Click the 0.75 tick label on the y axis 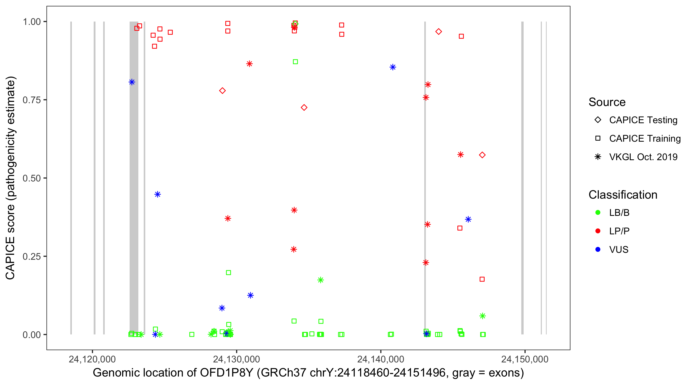[x=31, y=100]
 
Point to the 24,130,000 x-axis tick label [x=236, y=359]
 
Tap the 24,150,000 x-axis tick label [x=525, y=359]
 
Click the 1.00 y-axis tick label [x=31, y=22]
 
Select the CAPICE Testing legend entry [x=643, y=120]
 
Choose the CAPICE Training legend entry [x=644, y=139]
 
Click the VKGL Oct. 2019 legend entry [x=643, y=157]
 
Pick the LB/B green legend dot [x=598, y=213]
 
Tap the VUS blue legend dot [x=598, y=250]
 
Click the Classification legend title [x=623, y=195]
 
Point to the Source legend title [x=607, y=102]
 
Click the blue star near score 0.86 [x=393, y=67]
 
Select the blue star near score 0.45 [x=158, y=195]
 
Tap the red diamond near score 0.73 [x=304, y=108]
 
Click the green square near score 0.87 [x=295, y=62]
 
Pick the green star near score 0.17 [x=320, y=280]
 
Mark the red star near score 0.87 [x=249, y=64]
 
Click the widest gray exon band [x=134, y=178]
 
